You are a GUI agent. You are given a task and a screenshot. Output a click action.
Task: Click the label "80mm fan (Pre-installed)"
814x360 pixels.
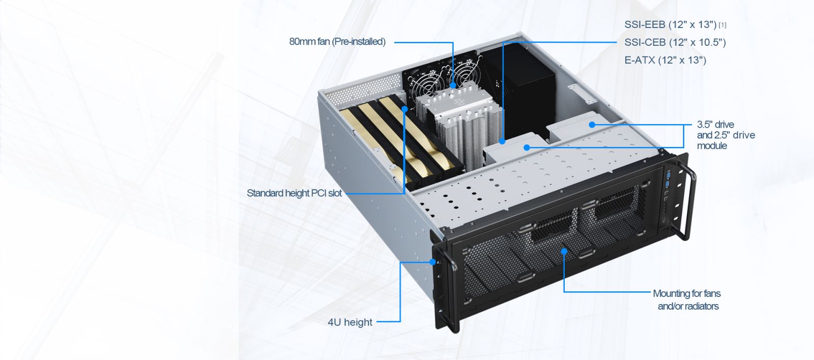click(337, 42)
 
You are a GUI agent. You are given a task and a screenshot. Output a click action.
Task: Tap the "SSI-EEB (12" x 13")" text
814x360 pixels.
click(671, 25)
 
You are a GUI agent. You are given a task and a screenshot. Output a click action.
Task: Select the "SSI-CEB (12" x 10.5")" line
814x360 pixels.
click(675, 43)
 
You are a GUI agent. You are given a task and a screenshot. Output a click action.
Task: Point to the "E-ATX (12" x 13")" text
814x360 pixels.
click(665, 61)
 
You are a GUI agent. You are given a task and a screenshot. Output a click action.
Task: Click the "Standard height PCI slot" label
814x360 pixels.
click(295, 193)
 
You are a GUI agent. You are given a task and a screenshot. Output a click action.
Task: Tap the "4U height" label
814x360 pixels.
click(350, 322)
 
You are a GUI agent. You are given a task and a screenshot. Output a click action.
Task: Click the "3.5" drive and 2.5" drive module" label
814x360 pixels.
click(725, 135)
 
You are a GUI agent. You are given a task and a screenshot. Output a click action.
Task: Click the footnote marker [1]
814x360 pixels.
click(722, 25)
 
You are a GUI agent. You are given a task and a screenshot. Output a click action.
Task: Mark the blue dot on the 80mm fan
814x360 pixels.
click(453, 85)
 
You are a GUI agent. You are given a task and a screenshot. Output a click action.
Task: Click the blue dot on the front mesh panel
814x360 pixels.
click(564, 251)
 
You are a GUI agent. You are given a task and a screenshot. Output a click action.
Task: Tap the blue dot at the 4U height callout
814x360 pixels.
click(432, 261)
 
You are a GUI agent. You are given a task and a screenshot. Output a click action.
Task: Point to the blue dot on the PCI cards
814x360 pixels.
click(404, 109)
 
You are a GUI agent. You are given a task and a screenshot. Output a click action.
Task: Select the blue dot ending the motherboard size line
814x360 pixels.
click(502, 141)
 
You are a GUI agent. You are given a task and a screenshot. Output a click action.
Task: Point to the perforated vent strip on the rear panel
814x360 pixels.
click(363, 88)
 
